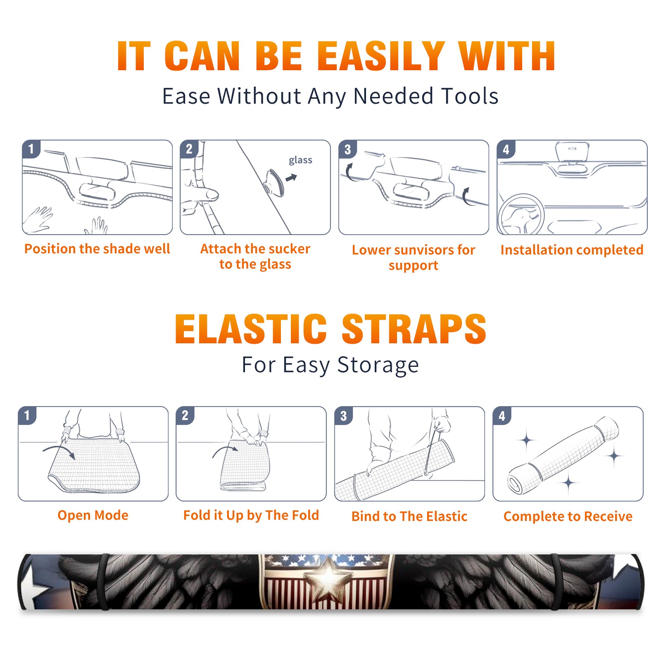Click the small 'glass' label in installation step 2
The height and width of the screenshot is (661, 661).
(x=300, y=160)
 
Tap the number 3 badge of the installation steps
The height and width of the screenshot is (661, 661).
(x=348, y=149)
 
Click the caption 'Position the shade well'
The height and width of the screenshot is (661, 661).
(x=97, y=249)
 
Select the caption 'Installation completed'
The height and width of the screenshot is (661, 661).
(x=572, y=250)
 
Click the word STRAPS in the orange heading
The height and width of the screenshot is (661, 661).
(x=414, y=329)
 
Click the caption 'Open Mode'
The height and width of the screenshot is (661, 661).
(x=93, y=515)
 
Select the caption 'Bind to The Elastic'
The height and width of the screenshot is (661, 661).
(x=409, y=516)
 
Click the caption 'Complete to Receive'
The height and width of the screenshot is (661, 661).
(x=568, y=516)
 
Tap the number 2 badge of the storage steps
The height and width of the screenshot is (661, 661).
(x=185, y=415)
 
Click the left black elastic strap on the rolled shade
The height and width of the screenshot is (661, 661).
(x=104, y=582)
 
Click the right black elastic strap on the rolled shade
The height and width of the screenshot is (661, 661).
(x=556, y=582)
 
